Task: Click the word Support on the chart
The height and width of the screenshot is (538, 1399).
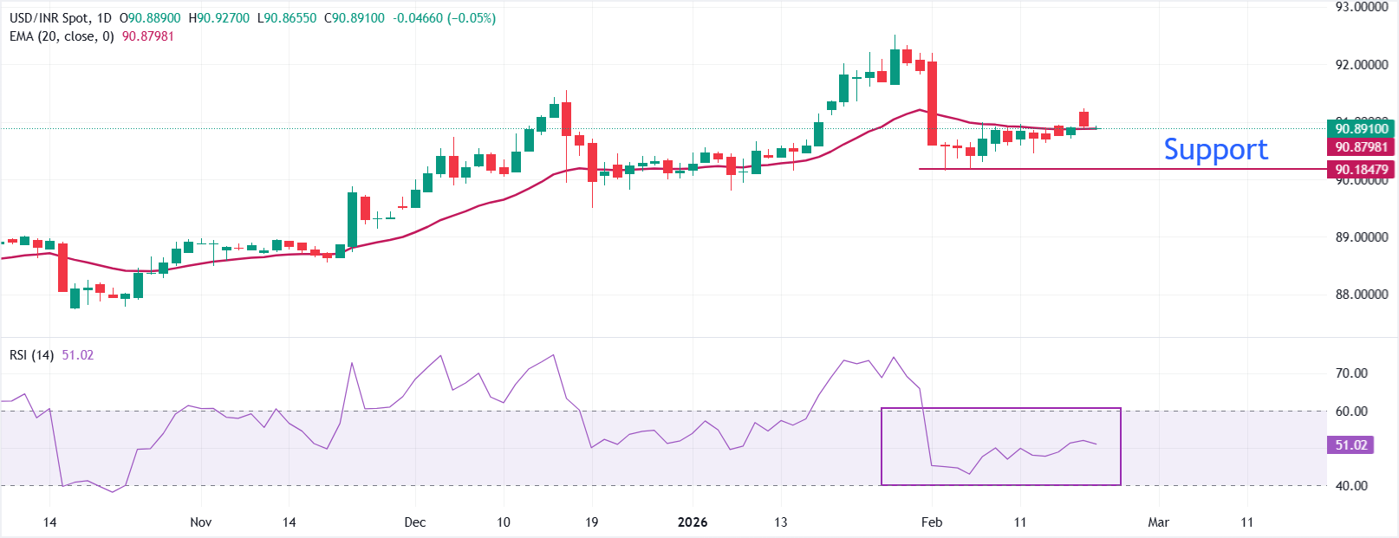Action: pos(1215,150)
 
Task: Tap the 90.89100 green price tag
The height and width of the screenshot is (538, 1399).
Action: pos(1361,128)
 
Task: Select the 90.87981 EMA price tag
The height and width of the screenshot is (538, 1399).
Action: pos(1361,147)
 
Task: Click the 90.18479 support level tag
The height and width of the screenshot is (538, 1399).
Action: pos(1361,170)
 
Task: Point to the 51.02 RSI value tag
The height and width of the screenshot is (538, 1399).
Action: pos(1350,445)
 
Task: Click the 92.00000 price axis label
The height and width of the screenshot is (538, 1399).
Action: pos(1361,65)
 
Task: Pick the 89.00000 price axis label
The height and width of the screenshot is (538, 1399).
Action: pos(1361,237)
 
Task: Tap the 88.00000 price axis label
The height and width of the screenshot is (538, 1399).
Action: pos(1361,295)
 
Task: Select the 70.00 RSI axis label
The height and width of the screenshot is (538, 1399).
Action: pos(1351,373)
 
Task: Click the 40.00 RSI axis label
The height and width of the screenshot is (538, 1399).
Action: pos(1351,486)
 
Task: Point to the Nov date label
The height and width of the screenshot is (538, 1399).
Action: pos(200,522)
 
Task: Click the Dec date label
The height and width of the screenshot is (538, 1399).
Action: pos(415,522)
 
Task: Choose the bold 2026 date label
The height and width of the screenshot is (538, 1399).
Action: pos(692,522)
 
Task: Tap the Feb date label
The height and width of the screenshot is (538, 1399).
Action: pos(932,522)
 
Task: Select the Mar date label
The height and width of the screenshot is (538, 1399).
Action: pos(1158,522)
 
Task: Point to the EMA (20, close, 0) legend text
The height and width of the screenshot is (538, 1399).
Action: pos(62,36)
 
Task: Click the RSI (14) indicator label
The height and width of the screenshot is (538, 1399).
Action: pos(32,355)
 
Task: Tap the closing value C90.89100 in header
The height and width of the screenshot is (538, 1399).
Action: pos(355,18)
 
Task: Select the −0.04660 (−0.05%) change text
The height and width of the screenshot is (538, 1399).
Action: pos(445,18)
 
